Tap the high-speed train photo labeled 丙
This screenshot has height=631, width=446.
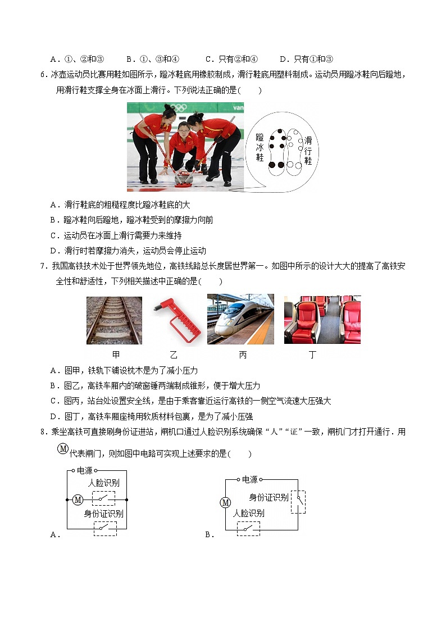(240, 319)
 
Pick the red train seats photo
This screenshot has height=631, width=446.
(322, 319)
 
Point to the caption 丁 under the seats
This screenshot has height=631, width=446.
(312, 355)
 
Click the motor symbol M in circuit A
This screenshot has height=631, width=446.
(78, 499)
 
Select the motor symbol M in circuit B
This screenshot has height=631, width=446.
(225, 502)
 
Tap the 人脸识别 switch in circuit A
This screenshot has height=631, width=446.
(103, 498)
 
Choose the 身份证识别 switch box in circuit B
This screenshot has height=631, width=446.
(299, 501)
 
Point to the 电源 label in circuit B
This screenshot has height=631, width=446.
(249, 479)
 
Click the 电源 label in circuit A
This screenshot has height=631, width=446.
(84, 470)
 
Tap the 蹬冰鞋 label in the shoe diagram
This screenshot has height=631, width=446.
(260, 148)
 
